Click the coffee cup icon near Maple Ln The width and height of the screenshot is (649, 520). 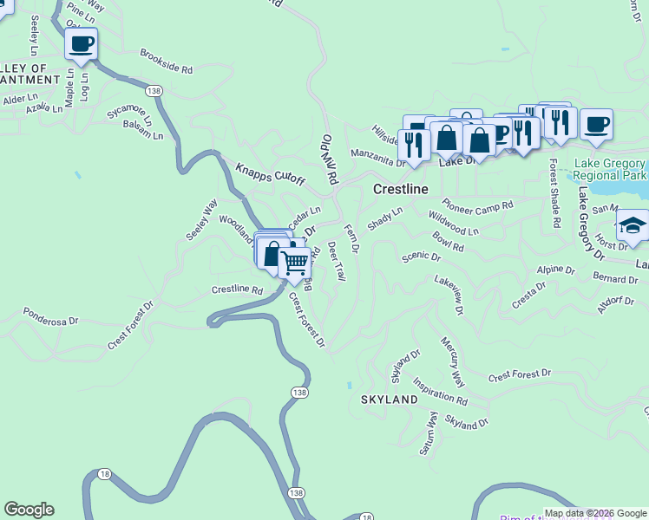coord(81,43)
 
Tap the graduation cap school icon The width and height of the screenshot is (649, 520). coord(633,225)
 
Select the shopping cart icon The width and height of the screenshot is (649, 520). coord(295,261)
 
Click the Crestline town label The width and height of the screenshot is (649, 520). coord(401,189)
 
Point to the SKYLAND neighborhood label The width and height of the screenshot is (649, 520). coord(390,400)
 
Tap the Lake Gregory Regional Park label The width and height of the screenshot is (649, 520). coord(611,170)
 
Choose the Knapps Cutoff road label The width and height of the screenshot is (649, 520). coord(271,173)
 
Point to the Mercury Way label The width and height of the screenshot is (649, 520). coord(453,362)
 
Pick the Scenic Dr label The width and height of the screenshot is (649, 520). coord(421,257)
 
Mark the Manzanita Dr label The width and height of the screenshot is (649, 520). coord(378,157)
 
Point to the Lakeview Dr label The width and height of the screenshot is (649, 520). coord(449,296)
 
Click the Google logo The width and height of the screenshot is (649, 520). coord(29,510)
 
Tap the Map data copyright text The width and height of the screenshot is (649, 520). coord(595,513)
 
